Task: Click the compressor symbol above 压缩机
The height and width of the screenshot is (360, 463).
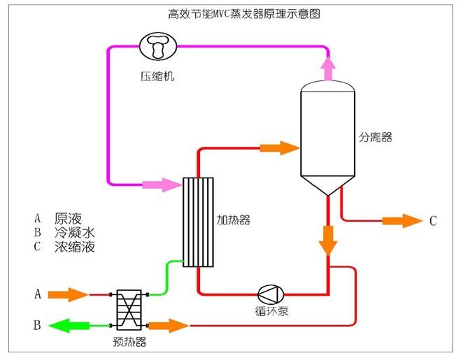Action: [159, 48]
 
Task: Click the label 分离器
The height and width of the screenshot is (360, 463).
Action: [378, 138]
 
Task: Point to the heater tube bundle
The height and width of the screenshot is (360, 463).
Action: [198, 222]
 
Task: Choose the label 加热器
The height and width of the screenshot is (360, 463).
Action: [234, 221]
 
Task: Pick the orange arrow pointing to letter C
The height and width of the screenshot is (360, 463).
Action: [402, 221]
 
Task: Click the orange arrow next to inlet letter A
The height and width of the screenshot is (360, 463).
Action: [69, 294]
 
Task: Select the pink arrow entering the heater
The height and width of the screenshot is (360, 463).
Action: [161, 185]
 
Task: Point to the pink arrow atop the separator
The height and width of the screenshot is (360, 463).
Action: [327, 68]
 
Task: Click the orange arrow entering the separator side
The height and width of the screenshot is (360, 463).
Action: [279, 147]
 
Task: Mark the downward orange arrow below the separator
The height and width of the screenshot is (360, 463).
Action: [327, 239]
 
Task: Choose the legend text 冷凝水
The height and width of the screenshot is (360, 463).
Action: [74, 232]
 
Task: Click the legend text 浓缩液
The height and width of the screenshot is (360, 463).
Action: [74, 247]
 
